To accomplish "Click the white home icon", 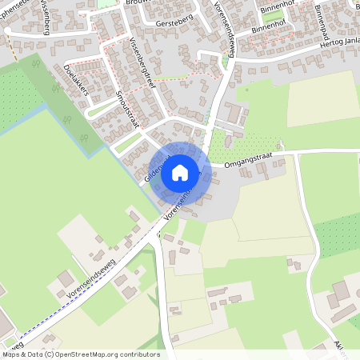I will [x=180, y=172].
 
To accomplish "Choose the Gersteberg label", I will [x=176, y=23].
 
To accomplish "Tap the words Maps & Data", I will [x=21, y=354].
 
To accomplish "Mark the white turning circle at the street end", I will [x=7, y=30].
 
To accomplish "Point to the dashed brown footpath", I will [x=14, y=52].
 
